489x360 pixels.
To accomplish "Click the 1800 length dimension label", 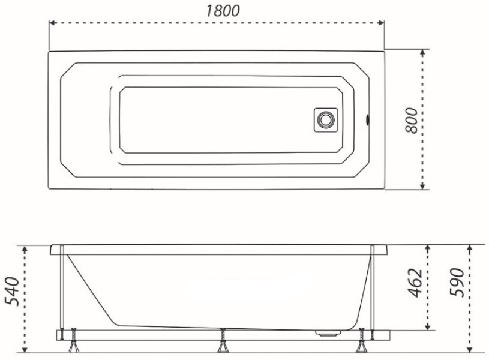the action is [x=223, y=11].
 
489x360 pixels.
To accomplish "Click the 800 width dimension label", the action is [x=412, y=121].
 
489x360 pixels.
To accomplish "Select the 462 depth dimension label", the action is [x=416, y=283].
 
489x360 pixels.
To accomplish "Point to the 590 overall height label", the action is [x=458, y=283].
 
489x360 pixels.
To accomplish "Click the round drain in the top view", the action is [x=326, y=120].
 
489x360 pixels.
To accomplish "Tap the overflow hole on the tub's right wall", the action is [x=368, y=120].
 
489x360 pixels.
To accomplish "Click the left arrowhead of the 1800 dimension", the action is [x=53, y=23].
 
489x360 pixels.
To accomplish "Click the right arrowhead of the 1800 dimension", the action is [x=381, y=23].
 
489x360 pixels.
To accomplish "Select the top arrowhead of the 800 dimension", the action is [x=422, y=53].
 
